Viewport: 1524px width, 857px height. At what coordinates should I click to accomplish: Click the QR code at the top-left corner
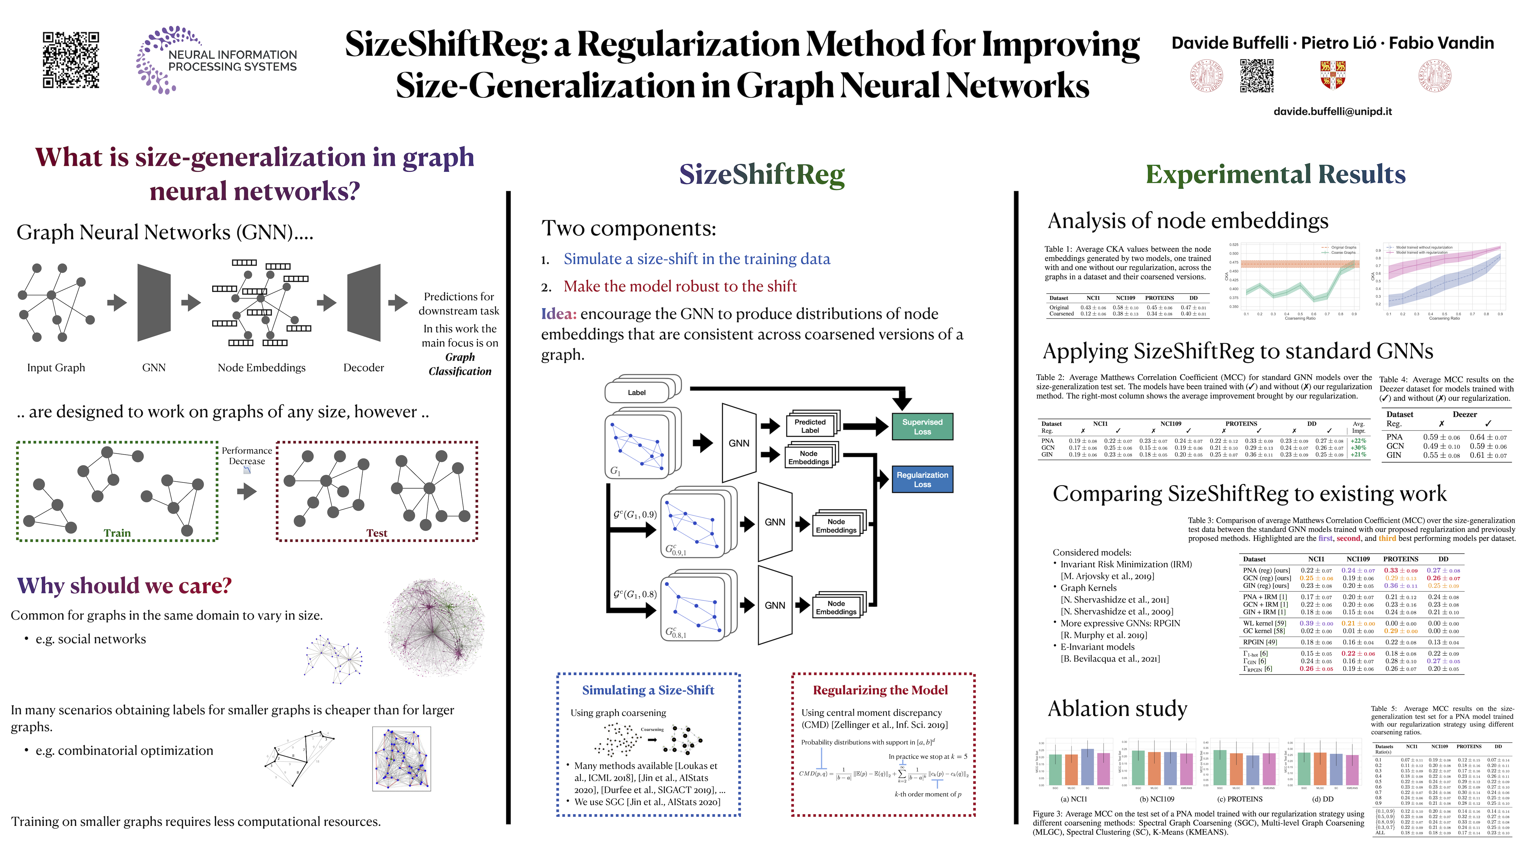pos(71,60)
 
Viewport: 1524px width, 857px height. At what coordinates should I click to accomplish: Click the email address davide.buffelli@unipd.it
pos(1332,111)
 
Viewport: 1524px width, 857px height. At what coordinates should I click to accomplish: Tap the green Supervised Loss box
pos(922,426)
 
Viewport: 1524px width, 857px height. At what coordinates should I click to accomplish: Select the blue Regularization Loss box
pos(922,479)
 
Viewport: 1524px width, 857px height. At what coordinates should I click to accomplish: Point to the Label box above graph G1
pos(637,392)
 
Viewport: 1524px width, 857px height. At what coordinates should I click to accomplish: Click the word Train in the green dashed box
pos(117,533)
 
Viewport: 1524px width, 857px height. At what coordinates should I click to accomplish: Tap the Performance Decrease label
pos(247,455)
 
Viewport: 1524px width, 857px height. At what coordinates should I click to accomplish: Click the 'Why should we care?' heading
pos(124,586)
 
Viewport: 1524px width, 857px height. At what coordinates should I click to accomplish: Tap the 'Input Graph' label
pos(56,367)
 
